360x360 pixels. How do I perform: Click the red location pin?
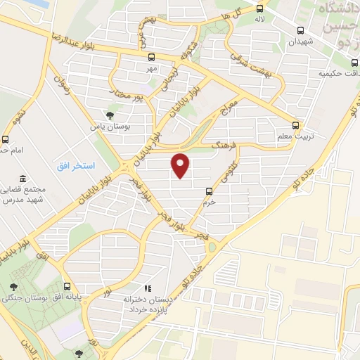point(181,165)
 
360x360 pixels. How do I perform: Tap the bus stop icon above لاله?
point(260,9)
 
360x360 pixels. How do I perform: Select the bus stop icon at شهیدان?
point(301,31)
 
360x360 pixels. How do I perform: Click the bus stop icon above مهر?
point(150,58)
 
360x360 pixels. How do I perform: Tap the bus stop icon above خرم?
point(209,191)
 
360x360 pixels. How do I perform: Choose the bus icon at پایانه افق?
point(67,287)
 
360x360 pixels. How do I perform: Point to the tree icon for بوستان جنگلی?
point(13,287)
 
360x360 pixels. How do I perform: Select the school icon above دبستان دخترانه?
point(147,288)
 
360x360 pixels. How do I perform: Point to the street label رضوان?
point(62,89)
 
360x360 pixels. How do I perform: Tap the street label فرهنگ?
point(225,143)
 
